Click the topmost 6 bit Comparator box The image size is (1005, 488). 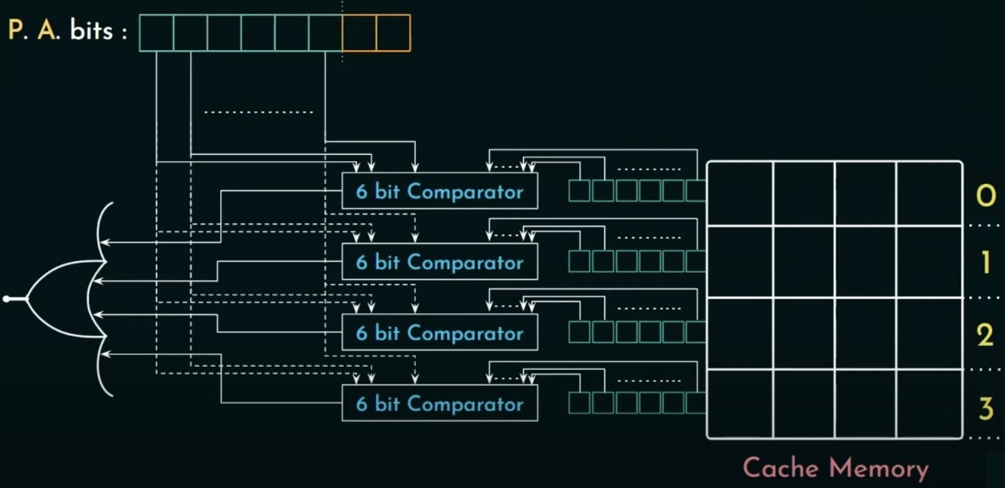coord(440,191)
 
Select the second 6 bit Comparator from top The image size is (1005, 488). coord(440,262)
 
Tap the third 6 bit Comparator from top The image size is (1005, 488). coord(440,333)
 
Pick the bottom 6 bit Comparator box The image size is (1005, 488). coord(440,403)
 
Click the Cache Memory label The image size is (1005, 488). coord(835,468)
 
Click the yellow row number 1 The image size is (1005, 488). coord(986,263)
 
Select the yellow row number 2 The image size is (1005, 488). coord(986,335)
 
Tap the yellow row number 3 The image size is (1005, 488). coord(986,409)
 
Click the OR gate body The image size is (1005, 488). coord(63,299)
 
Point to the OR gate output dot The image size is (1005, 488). coord(6,299)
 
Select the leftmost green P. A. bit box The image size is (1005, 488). coord(156,33)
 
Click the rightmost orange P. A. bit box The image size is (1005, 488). coord(393,33)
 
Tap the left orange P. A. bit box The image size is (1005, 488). coord(359,33)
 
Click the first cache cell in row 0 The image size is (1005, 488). coord(740,194)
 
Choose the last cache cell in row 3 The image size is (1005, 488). coord(929,404)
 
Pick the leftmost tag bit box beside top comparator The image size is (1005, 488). coord(579,191)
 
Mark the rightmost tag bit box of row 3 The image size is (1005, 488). coord(696,403)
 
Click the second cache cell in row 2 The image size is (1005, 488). coord(804,333)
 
